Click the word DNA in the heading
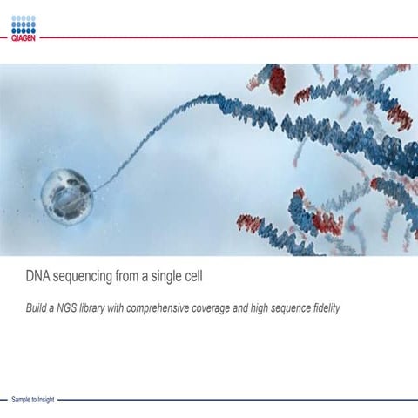[38, 278]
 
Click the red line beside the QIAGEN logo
[226, 37]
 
